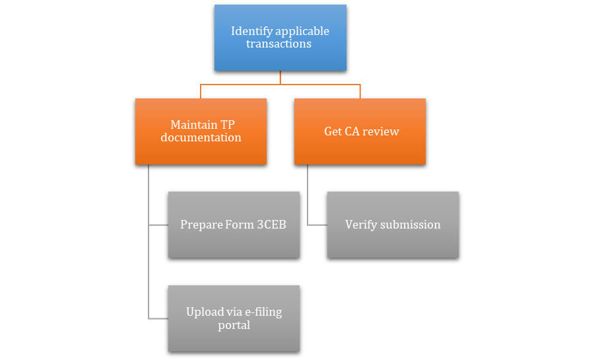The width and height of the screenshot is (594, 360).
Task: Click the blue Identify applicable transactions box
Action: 280,38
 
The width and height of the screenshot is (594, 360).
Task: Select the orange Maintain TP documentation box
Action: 201,131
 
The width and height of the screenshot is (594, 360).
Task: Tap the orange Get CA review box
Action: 360,131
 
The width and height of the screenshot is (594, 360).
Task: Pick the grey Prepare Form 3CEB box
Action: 234,225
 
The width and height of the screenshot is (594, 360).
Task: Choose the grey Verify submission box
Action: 393,225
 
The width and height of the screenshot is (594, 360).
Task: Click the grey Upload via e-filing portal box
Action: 234,318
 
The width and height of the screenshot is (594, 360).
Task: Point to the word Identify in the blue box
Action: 250,31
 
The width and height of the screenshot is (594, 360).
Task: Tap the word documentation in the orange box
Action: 201,138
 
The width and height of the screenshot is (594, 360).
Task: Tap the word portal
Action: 234,325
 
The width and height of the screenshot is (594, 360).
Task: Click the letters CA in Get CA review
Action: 353,131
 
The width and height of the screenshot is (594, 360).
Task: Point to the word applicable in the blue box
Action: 302,31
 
